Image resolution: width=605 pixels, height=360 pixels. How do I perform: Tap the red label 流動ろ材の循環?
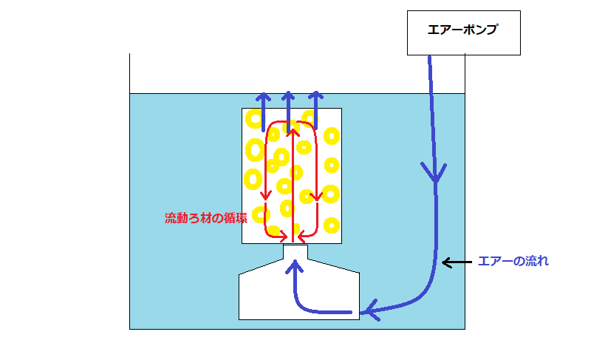(205, 218)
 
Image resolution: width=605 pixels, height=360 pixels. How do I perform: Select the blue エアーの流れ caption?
(513, 261)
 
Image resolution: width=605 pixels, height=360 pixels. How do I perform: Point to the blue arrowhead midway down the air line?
(435, 174)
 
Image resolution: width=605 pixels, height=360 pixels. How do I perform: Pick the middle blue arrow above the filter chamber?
(289, 99)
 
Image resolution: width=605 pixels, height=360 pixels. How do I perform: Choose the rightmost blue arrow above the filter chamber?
(315, 99)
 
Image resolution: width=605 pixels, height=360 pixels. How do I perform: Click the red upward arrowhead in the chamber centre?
(293, 133)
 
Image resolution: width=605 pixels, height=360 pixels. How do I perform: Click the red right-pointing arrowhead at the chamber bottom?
(284, 236)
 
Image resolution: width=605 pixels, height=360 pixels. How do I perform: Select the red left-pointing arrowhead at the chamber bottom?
(301, 236)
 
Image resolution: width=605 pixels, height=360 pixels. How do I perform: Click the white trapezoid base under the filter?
(298, 296)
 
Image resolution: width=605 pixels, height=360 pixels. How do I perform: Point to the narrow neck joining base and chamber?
(295, 251)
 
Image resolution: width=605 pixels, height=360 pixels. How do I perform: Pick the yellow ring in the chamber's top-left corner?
(253, 118)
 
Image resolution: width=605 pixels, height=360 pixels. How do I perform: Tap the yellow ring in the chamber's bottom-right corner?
(331, 223)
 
